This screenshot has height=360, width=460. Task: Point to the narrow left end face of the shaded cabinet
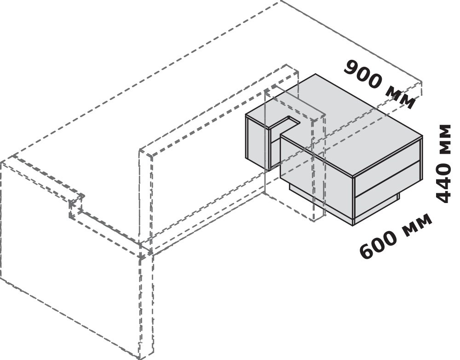(x=258, y=142)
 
